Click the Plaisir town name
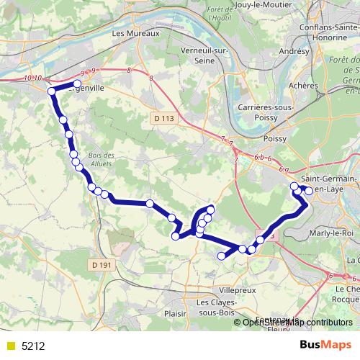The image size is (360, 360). click(176, 313)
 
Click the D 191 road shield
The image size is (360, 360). click(103, 266)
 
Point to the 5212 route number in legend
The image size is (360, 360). click(33, 346)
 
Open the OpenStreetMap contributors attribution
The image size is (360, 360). click(297, 322)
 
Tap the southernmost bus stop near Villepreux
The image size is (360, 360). click(222, 256)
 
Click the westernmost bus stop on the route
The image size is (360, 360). click(51, 91)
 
